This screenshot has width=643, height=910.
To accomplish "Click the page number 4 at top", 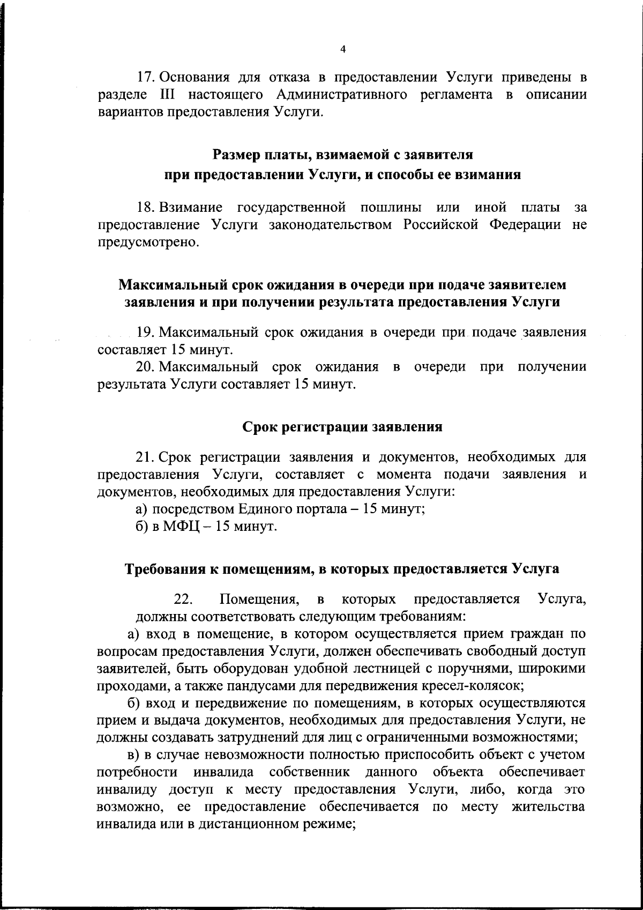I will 343,49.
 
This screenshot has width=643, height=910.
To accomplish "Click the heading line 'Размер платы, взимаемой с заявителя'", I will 342,156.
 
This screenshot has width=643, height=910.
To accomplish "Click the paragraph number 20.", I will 146,368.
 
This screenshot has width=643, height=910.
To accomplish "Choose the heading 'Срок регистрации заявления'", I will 342,427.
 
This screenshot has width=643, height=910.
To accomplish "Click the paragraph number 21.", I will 146,457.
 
